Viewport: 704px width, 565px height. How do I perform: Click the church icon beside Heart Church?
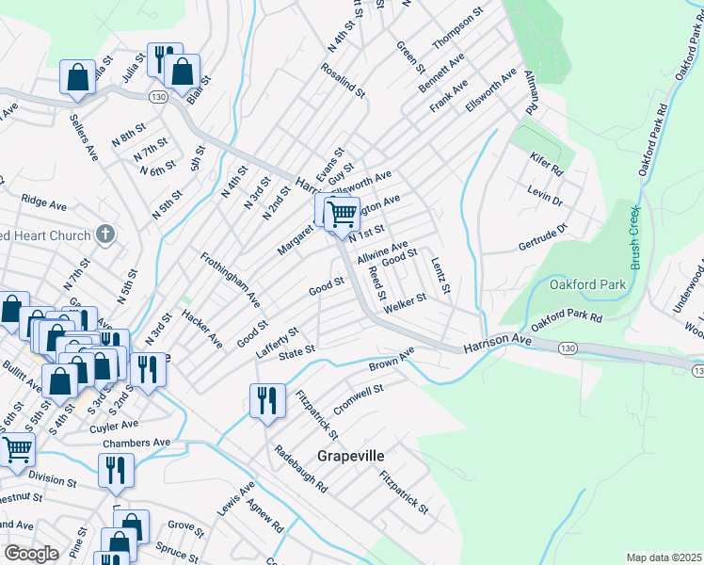[106, 234]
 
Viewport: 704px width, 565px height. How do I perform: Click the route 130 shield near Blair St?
[158, 97]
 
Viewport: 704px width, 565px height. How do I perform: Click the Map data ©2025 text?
[663, 557]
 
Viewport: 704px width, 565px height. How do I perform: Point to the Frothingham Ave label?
[230, 281]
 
